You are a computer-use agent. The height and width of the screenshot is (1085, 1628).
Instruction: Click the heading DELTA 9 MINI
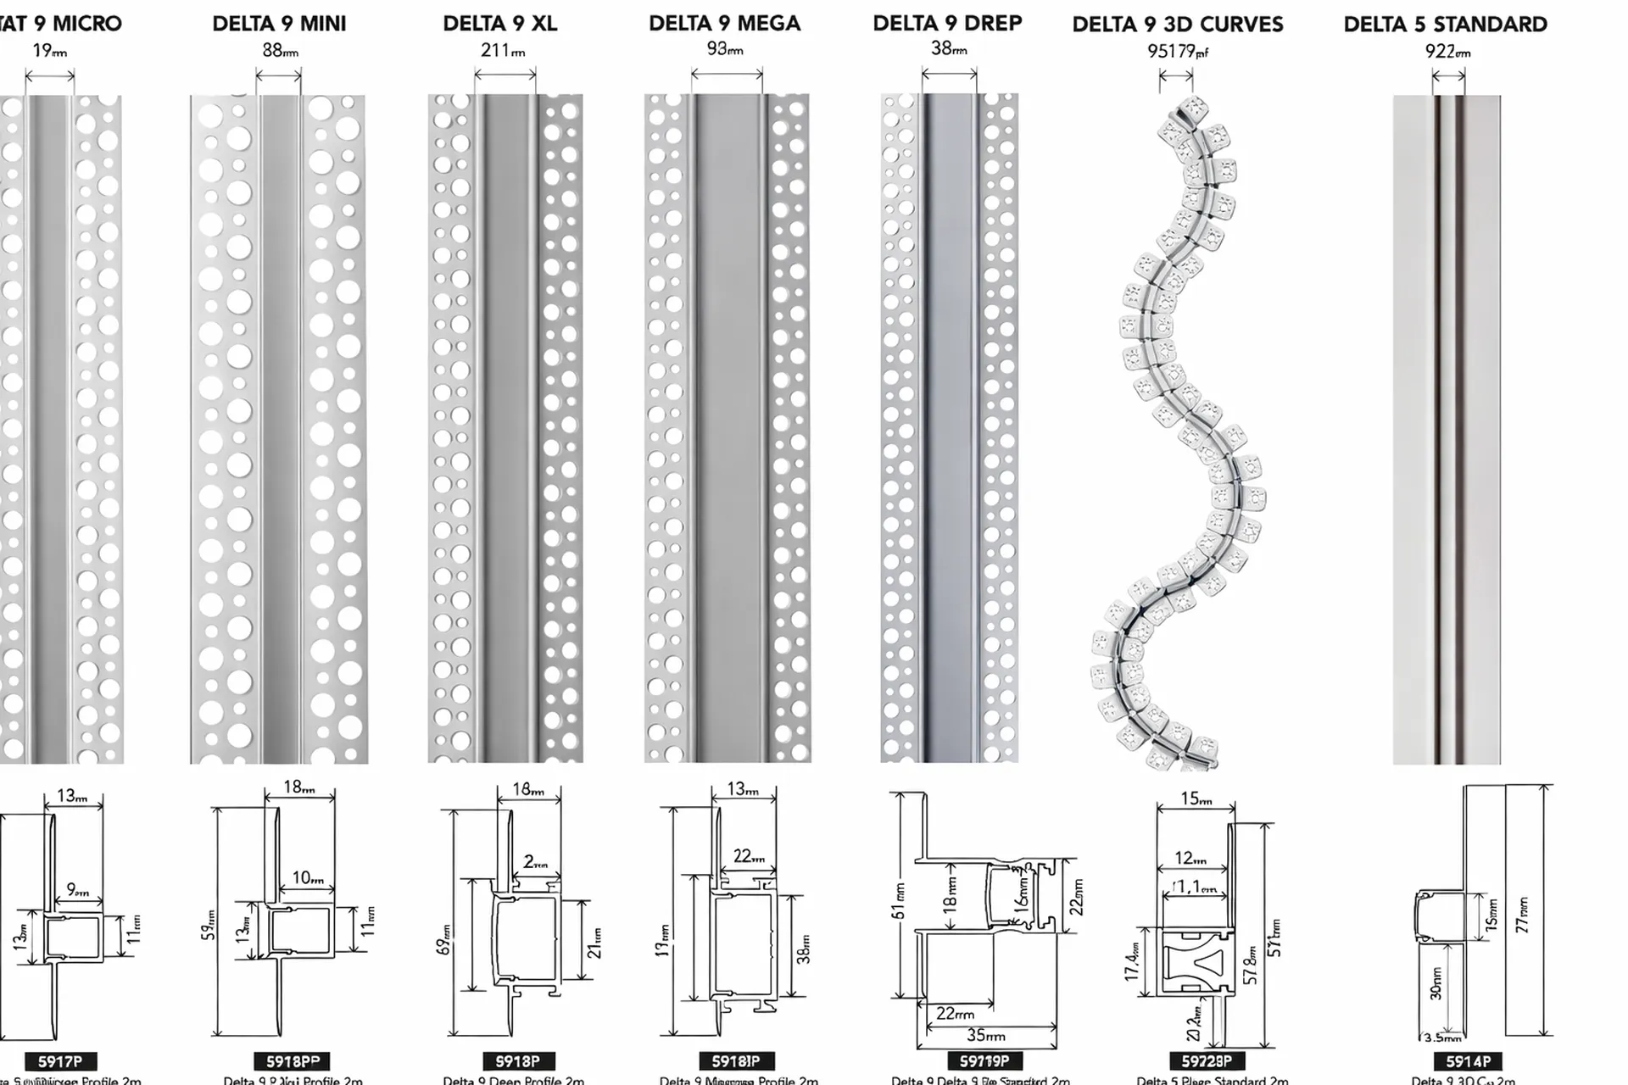[x=279, y=24]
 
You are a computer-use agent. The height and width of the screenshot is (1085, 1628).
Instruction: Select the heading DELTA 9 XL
[x=500, y=24]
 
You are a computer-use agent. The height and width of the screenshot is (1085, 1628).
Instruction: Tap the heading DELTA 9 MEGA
[x=725, y=24]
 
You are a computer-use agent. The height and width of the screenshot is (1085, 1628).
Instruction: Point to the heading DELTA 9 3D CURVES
[x=1178, y=25]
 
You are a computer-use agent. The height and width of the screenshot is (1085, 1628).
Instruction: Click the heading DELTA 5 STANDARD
[x=1446, y=25]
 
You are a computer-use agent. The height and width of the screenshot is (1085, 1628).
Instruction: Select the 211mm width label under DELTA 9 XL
[x=502, y=51]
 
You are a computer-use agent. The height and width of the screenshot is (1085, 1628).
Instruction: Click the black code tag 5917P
[x=60, y=1061]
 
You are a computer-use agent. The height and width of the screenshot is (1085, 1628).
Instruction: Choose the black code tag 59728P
[x=1207, y=1061]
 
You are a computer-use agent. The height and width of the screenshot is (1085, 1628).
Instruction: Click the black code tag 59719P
[x=984, y=1061]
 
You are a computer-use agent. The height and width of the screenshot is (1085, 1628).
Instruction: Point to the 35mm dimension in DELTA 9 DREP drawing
[x=985, y=1036]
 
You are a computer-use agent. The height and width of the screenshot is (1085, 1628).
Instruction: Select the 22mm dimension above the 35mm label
[x=955, y=1014]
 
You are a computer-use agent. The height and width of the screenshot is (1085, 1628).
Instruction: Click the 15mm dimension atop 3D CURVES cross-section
[x=1196, y=798]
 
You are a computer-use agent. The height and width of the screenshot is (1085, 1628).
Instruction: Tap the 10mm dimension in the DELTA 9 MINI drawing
[x=308, y=878]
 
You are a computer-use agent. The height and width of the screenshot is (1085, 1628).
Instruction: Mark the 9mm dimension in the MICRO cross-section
[x=78, y=891]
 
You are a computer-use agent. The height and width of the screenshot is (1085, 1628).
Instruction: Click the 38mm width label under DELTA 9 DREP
[x=949, y=49]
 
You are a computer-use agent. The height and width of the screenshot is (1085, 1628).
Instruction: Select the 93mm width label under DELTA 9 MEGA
[x=725, y=50]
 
